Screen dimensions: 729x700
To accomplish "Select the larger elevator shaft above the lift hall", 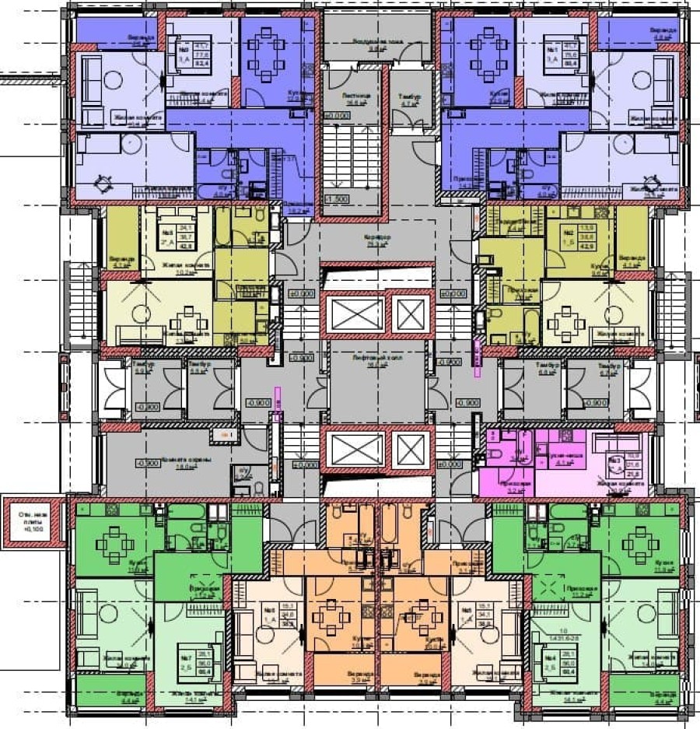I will tap(354, 314).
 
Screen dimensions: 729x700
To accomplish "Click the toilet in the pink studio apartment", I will tap(498, 454).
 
